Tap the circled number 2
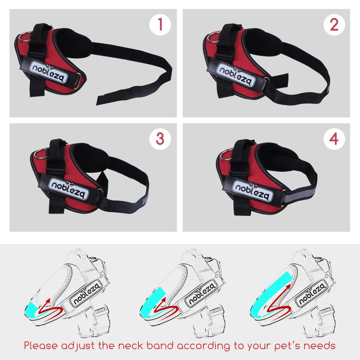coord(333,25)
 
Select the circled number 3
coord(159,139)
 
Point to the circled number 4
coord(333,139)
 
